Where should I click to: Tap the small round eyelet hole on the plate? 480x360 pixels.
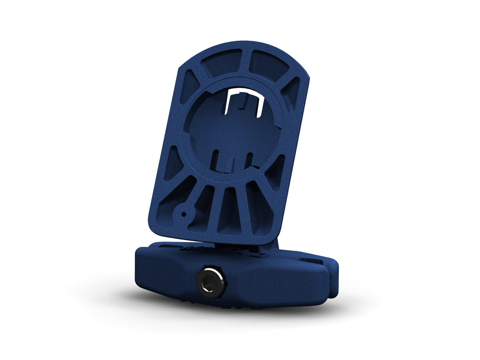pos(184,214)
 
